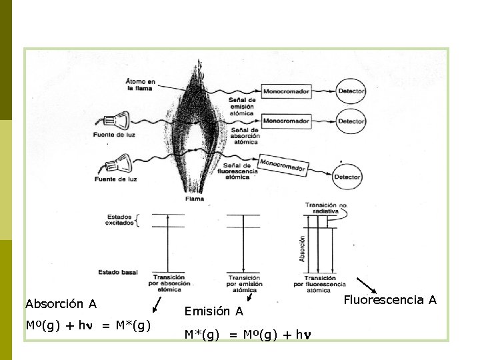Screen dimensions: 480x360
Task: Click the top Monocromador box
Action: [x=286, y=91]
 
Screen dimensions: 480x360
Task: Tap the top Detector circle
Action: [x=351, y=91]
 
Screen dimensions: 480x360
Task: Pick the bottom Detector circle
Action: [x=347, y=177]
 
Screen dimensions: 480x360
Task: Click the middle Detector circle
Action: [x=351, y=121]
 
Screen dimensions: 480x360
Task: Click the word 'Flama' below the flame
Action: [x=195, y=199]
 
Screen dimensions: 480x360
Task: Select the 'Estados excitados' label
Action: [x=120, y=220]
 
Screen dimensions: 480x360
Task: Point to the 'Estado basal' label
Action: [x=118, y=272]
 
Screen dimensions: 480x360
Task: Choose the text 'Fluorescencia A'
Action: [x=390, y=300]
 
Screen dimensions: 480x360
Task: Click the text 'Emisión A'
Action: [x=213, y=311]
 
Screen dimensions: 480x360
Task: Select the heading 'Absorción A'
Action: [x=61, y=304]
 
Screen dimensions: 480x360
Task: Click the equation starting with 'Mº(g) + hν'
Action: [x=89, y=325]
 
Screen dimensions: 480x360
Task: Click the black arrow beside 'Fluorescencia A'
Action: [x=366, y=285]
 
